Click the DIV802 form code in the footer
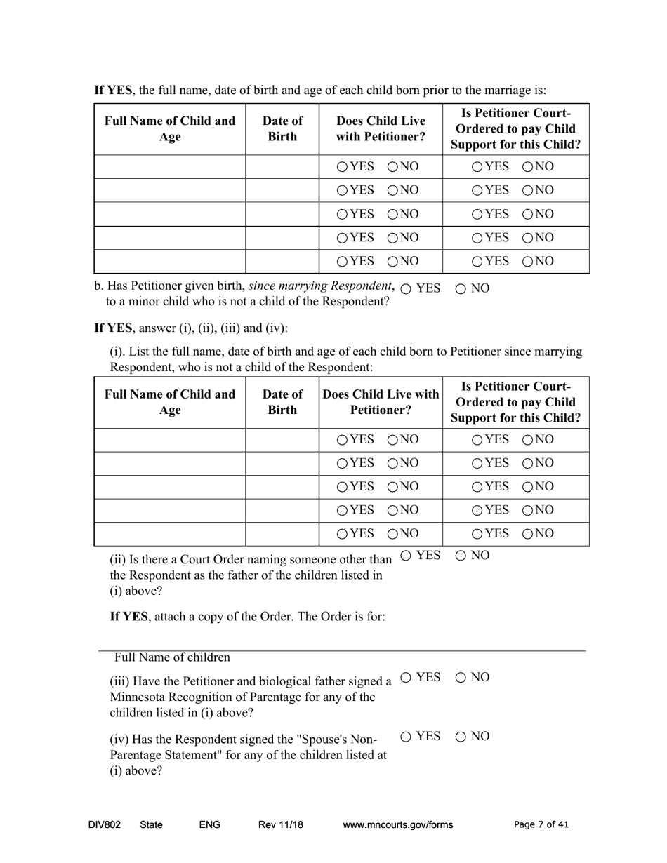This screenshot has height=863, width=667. point(105,825)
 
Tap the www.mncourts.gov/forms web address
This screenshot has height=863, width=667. point(397,825)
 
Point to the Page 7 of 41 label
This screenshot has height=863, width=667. point(541,825)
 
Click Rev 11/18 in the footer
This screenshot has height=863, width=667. point(281,825)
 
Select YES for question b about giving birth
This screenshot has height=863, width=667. point(406,289)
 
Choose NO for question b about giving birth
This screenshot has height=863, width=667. point(461,289)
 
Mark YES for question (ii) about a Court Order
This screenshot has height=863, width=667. point(406,556)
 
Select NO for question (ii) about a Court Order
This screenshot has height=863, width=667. point(461,556)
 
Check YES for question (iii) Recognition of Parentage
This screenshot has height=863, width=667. point(406,677)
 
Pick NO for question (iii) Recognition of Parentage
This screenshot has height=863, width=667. point(461,677)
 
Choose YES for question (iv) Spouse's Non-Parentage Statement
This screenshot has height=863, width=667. point(406,737)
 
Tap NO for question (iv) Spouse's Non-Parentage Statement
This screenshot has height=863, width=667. point(461,737)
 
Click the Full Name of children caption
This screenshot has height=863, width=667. point(172,658)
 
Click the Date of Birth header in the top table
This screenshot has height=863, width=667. point(282,128)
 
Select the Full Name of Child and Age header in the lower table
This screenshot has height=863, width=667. point(170,402)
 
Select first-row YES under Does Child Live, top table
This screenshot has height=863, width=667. point(342,167)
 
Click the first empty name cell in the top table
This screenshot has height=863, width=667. point(170,167)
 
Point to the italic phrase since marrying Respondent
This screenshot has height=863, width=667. point(321,286)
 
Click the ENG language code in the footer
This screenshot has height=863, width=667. point(210,825)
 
